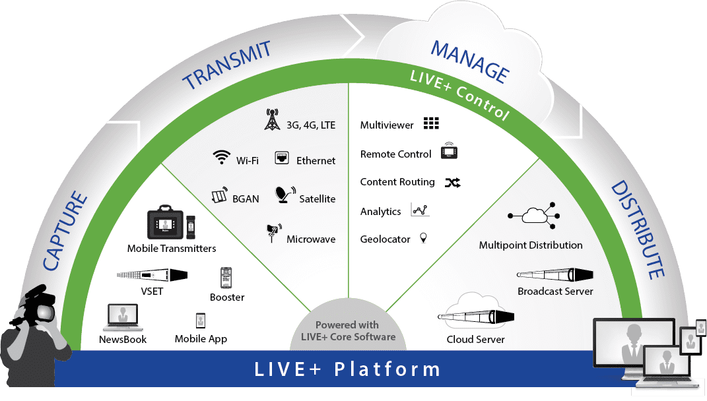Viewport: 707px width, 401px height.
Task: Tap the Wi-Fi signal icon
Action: coord(221,157)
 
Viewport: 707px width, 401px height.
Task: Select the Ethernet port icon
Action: coord(283,158)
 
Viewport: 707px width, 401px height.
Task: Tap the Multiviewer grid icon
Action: coord(431,123)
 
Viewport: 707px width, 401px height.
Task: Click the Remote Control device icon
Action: coord(448,152)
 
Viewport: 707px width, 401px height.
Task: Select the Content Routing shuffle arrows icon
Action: coord(452,183)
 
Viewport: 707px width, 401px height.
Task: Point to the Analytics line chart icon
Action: coord(420,210)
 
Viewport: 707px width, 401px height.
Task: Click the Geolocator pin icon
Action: coord(423,237)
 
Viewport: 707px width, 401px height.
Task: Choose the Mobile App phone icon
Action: coord(201,321)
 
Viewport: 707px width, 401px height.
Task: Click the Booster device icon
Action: coord(226,277)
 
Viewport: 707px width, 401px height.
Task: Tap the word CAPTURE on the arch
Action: coord(65,230)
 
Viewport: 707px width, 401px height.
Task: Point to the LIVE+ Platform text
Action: coord(347,369)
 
